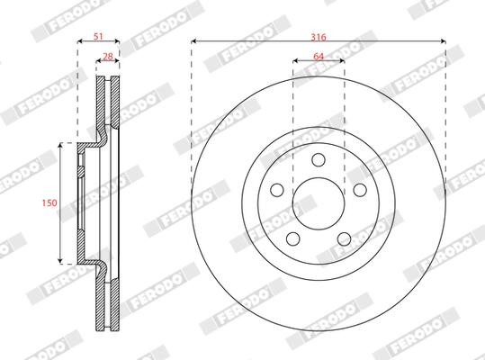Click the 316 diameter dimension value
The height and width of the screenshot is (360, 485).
click(x=319, y=37)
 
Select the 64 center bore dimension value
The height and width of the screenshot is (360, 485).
click(x=319, y=57)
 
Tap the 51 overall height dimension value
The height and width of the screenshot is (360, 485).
click(x=98, y=37)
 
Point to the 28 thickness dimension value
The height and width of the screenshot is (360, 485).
click(x=108, y=57)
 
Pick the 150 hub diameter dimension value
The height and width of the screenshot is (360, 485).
click(x=49, y=202)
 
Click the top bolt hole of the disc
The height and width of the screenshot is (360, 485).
click(x=319, y=159)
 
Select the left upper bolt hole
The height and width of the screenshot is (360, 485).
click(x=277, y=190)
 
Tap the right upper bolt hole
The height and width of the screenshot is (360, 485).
click(x=360, y=190)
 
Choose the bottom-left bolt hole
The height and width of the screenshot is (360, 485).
click(x=293, y=238)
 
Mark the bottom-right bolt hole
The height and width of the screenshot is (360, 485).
click(x=344, y=238)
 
